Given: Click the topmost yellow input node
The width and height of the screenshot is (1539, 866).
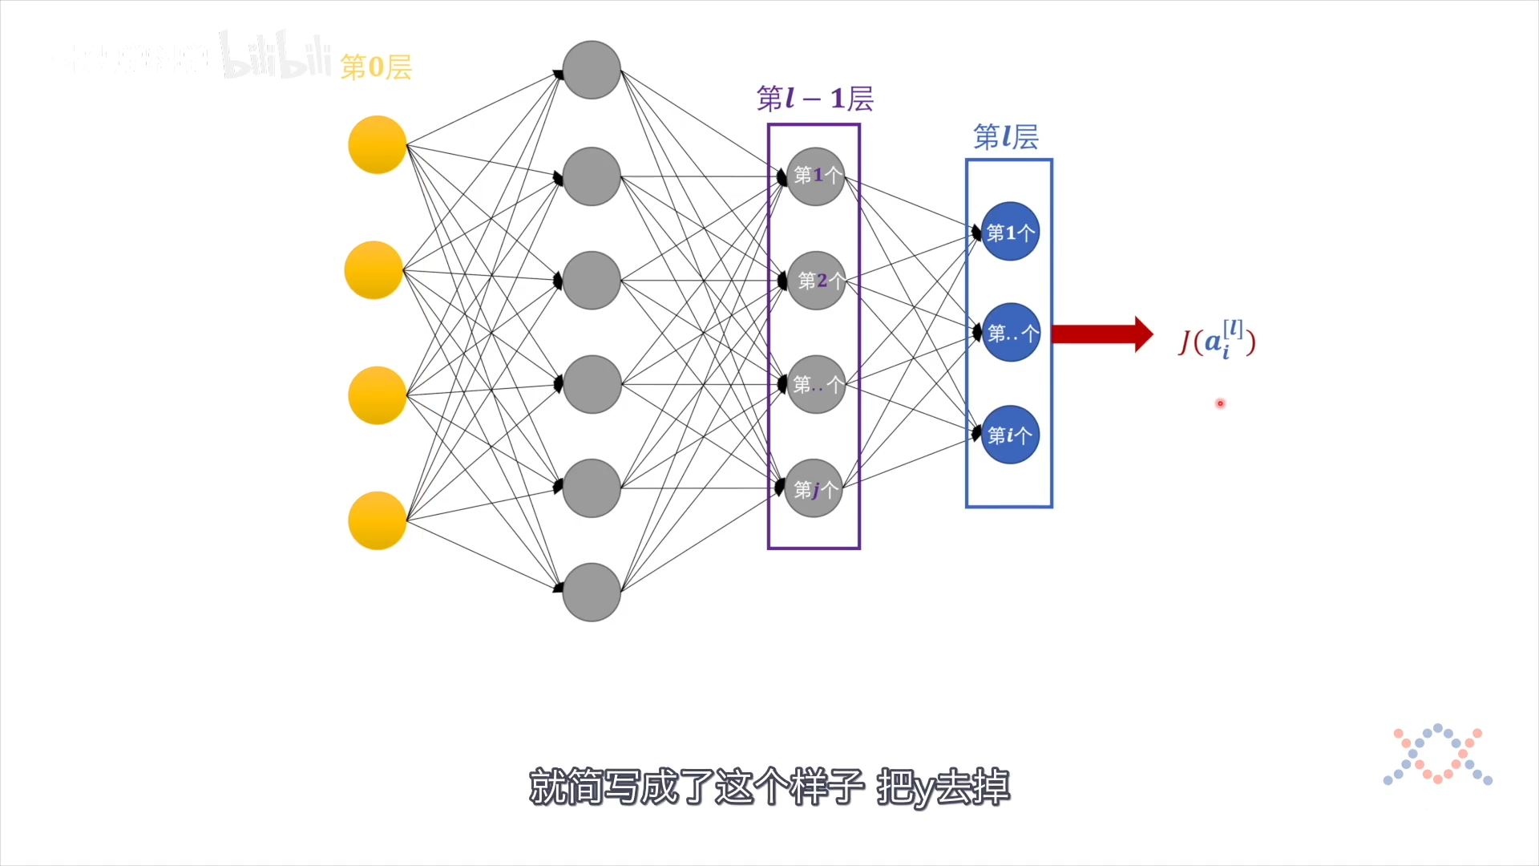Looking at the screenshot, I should [378, 145].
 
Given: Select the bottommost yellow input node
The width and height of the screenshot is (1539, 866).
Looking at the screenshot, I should [378, 520].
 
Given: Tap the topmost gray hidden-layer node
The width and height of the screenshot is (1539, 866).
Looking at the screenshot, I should [592, 71].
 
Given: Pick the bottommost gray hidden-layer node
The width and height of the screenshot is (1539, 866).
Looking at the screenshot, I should [592, 593].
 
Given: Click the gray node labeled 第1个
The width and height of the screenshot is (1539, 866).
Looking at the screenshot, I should [816, 176].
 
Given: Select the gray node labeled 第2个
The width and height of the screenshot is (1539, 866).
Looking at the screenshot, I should [817, 281].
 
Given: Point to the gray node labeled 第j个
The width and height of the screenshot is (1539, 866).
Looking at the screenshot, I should [814, 488].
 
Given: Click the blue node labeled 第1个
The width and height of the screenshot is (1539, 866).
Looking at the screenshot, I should [1010, 232].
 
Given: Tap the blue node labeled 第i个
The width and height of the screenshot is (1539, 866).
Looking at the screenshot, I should [1010, 435].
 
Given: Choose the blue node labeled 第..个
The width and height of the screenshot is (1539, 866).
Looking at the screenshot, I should [1011, 332].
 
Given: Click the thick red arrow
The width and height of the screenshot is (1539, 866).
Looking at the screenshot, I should [1101, 334].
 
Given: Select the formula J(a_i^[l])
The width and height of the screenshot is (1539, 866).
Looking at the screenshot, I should [1217, 341].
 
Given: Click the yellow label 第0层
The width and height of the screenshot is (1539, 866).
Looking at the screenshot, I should [376, 67].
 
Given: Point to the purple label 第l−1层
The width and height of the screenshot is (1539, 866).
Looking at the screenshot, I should [814, 99].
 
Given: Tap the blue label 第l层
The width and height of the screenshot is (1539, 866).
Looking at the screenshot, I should [1006, 137].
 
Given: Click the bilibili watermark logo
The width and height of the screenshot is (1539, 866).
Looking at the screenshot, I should [276, 56].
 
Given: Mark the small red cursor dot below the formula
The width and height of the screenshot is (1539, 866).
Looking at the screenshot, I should [1220, 403].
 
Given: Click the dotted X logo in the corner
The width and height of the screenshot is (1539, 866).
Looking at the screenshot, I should [1438, 755].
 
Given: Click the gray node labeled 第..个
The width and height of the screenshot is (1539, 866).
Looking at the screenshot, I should [816, 385].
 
